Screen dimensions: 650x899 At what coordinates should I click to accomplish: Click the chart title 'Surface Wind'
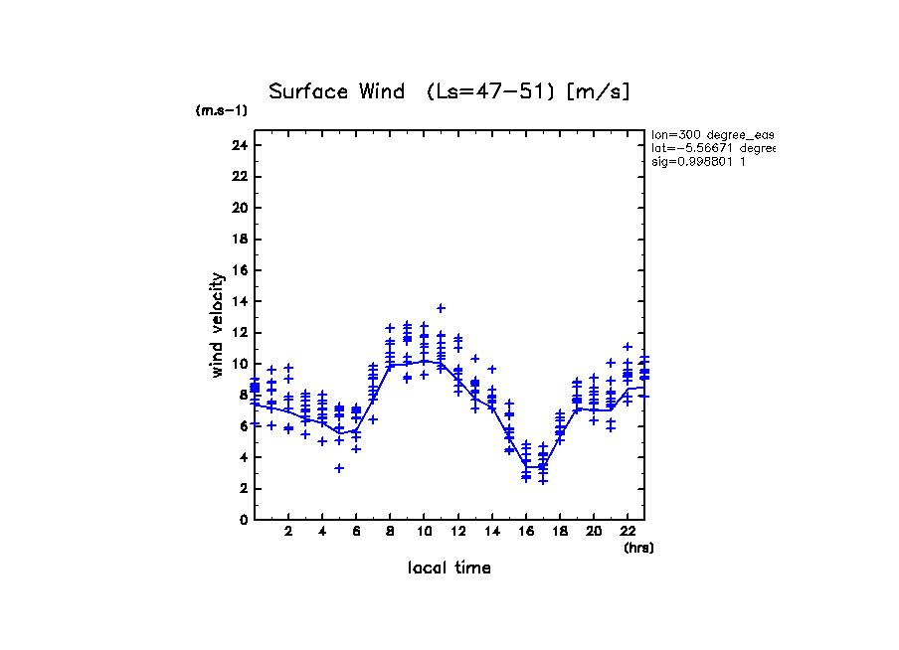click(336, 92)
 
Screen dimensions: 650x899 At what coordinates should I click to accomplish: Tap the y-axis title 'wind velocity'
click(218, 325)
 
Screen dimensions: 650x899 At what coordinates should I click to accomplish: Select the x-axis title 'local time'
click(449, 569)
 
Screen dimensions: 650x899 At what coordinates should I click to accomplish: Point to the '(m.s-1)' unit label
click(221, 110)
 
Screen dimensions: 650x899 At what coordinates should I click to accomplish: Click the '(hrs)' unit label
click(638, 548)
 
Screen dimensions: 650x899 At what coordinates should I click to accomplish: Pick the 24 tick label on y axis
click(239, 146)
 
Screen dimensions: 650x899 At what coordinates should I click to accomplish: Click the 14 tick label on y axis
click(239, 301)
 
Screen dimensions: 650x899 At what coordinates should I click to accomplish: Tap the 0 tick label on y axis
click(243, 519)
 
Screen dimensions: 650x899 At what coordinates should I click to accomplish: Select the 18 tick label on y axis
click(239, 240)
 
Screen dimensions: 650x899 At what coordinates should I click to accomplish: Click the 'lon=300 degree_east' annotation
click(712, 134)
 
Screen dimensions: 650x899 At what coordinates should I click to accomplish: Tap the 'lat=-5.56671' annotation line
click(712, 147)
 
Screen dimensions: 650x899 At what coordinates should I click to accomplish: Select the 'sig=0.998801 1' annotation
click(699, 161)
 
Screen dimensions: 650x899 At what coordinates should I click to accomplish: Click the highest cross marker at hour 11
click(441, 308)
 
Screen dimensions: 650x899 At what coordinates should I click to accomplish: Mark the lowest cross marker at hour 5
click(339, 468)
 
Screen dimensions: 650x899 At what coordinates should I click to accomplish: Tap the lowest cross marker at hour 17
click(543, 481)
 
